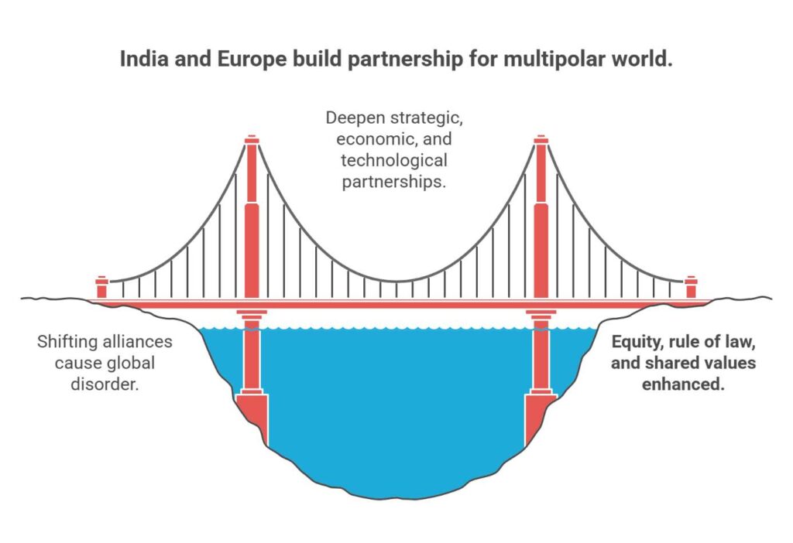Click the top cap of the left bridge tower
pos(251,140)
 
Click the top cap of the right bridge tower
pos(541,140)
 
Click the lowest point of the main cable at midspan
pos(396,281)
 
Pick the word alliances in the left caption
pos(139,341)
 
